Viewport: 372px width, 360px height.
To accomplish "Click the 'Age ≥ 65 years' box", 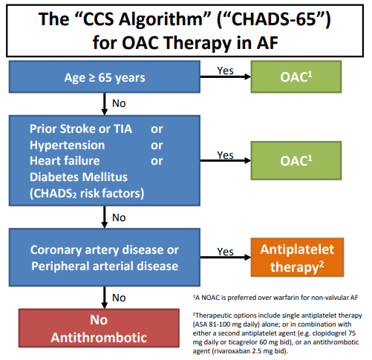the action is pyautogui.click(x=105, y=76).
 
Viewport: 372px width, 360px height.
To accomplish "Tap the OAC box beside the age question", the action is pyautogui.click(x=296, y=76).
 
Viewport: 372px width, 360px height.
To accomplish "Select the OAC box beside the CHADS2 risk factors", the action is pyautogui.click(x=296, y=160).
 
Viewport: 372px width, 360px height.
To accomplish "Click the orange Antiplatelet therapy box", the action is pyautogui.click(x=297, y=258).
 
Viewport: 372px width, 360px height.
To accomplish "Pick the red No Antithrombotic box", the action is pyautogui.click(x=99, y=328).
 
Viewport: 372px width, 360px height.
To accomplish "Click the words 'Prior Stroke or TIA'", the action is pyautogui.click(x=81, y=129).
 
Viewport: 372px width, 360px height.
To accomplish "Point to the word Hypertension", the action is pyautogui.click(x=67, y=145).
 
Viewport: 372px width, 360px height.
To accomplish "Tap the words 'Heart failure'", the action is pyautogui.click(x=65, y=161).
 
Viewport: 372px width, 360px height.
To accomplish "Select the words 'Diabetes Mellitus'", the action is pyautogui.click(x=79, y=177).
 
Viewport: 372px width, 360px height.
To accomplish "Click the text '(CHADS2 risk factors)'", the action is pyautogui.click(x=87, y=194).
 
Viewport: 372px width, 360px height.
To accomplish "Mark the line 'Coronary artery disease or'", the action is pyautogui.click(x=105, y=250).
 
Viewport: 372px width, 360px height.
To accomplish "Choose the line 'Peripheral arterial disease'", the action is pyautogui.click(x=105, y=266).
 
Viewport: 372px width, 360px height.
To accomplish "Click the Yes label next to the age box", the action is pyautogui.click(x=225, y=71).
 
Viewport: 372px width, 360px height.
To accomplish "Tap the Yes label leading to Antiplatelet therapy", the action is pyautogui.click(x=225, y=252).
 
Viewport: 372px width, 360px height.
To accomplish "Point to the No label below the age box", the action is pyautogui.click(x=119, y=103).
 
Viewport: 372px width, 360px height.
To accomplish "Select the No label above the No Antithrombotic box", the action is pyautogui.click(x=119, y=298).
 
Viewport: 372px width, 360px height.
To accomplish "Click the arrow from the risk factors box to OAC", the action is pyautogui.click(x=226, y=160).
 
